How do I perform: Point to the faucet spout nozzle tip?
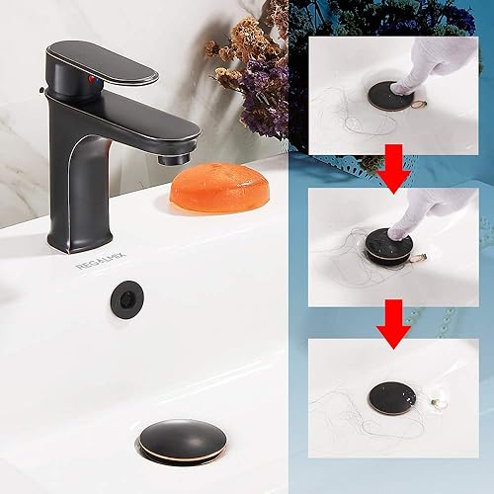click(x=177, y=155)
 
